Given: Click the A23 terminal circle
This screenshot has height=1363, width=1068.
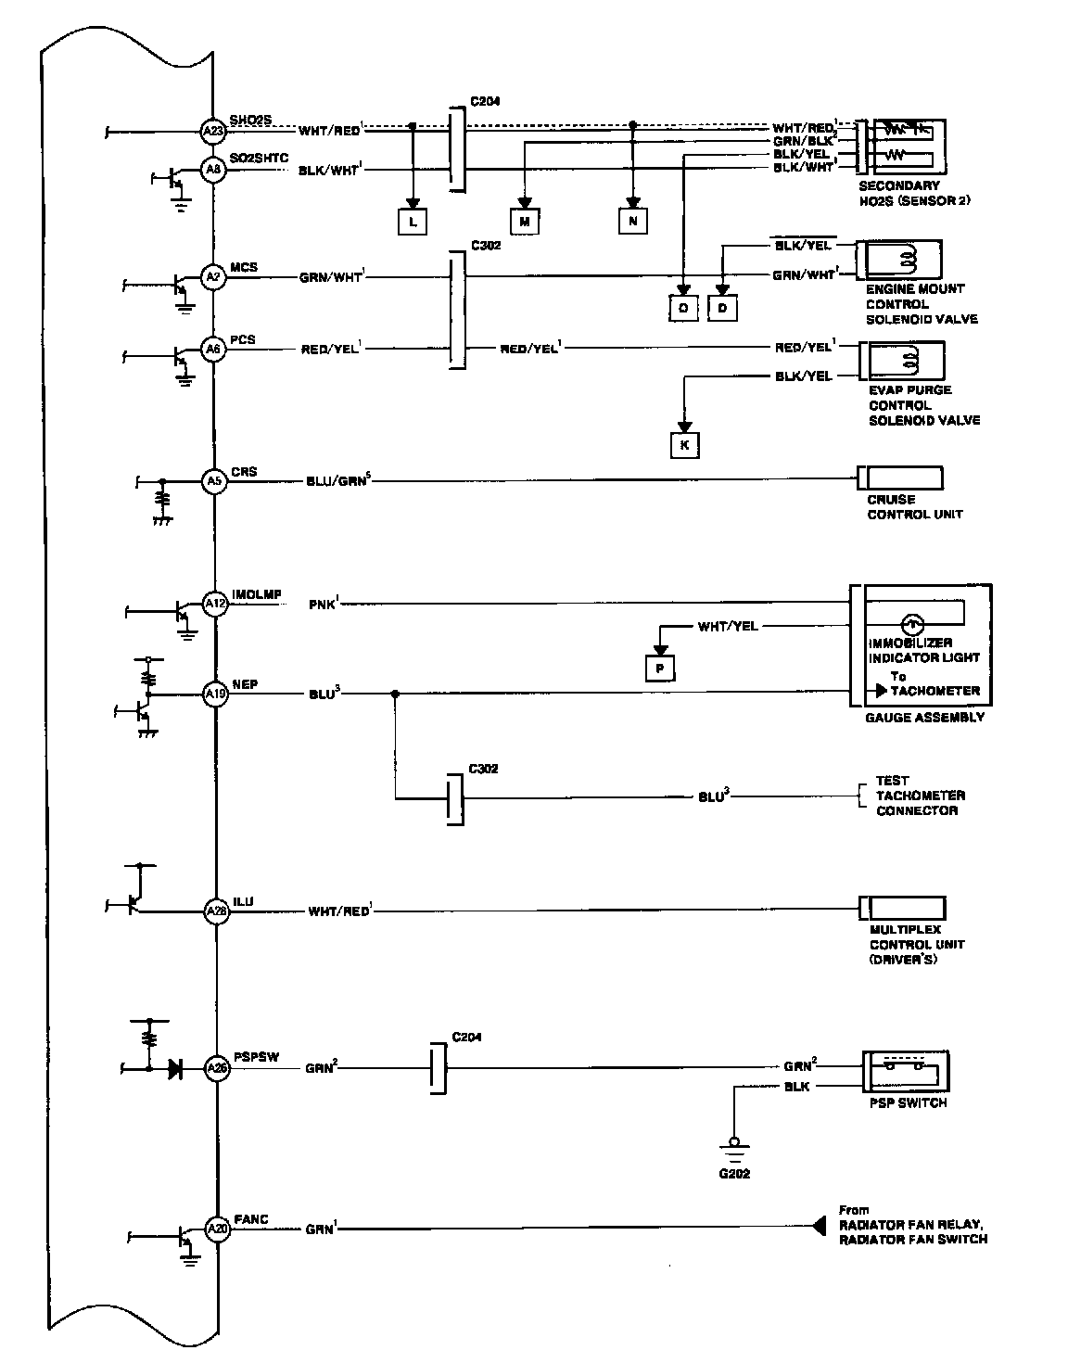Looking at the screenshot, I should pyautogui.click(x=214, y=131).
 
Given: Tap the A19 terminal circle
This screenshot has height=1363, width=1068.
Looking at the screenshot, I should pyautogui.click(x=215, y=693).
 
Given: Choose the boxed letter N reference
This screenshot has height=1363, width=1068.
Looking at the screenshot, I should pyautogui.click(x=633, y=221).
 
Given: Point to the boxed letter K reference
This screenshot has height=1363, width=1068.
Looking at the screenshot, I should pyautogui.click(x=685, y=445).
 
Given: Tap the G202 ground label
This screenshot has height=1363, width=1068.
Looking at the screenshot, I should pyautogui.click(x=734, y=1173).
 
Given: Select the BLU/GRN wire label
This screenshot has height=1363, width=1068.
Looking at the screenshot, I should pyautogui.click(x=338, y=481).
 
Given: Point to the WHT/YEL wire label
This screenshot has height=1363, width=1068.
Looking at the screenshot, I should pyautogui.click(x=728, y=627).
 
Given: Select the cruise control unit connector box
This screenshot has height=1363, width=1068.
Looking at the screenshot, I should pyautogui.click(x=901, y=478).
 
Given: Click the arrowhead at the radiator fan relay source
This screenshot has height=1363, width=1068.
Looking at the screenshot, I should pyautogui.click(x=818, y=1226).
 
